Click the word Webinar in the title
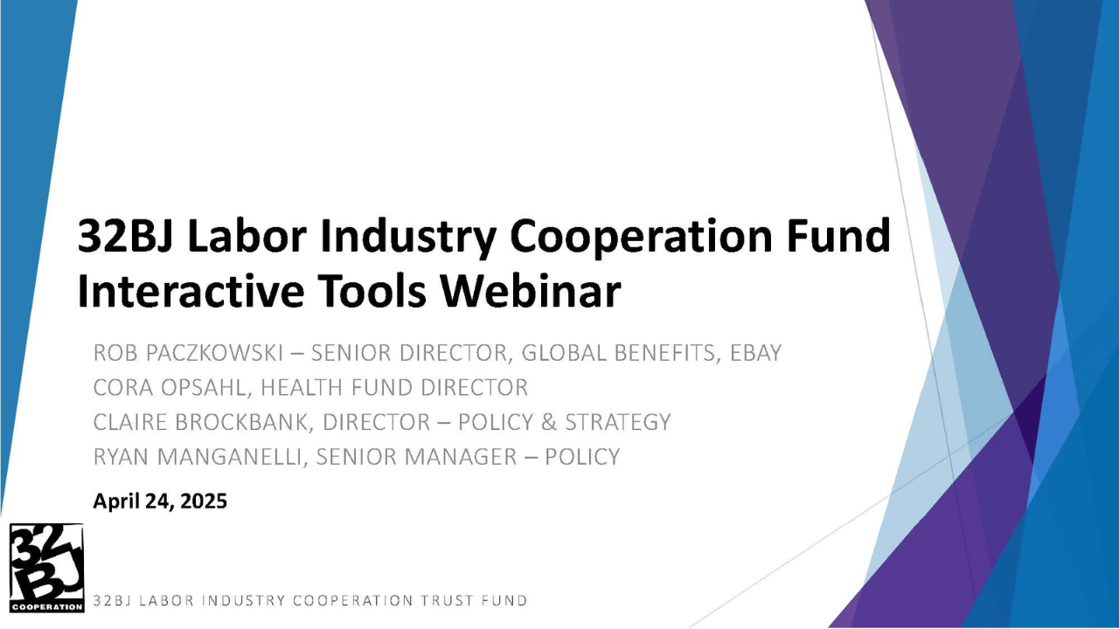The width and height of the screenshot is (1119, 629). [531, 291]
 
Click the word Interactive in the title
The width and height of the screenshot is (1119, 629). [191, 291]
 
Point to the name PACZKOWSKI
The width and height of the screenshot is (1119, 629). [214, 353]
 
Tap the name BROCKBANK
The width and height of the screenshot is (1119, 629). [243, 422]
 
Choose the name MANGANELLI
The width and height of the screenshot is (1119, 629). [233, 456]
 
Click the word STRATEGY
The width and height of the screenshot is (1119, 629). [617, 422]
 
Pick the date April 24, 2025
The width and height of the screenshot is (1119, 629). [160, 501]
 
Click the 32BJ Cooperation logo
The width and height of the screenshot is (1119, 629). [46, 568]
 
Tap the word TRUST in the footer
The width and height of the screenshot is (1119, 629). [448, 600]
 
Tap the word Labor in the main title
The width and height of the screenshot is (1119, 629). [247, 237]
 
